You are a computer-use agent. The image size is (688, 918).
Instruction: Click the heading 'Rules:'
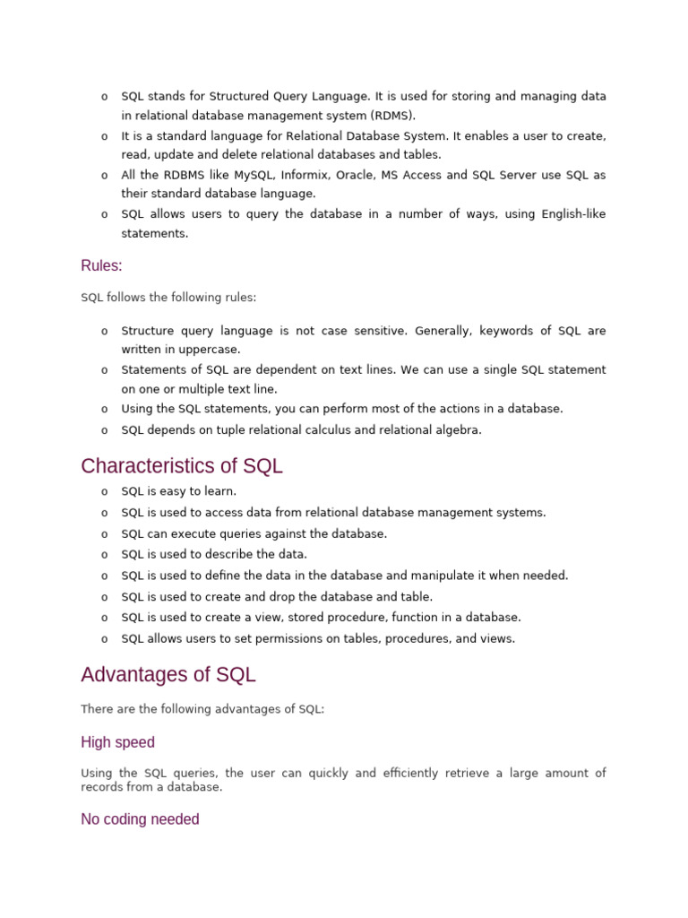(101, 265)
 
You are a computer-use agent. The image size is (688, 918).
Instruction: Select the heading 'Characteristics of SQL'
(181, 466)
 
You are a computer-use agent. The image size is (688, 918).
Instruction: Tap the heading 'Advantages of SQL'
(168, 674)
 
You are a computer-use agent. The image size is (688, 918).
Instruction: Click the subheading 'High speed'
(117, 742)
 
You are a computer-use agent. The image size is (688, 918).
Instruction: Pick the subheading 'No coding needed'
(140, 819)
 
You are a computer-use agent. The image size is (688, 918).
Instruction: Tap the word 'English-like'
(570, 214)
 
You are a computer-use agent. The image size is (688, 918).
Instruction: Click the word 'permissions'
(270, 638)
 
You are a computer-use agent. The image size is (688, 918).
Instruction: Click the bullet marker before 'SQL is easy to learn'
(105, 492)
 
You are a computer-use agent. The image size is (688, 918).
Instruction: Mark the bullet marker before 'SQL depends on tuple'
(105, 430)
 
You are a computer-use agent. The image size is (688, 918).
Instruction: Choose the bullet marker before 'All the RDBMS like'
(105, 176)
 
